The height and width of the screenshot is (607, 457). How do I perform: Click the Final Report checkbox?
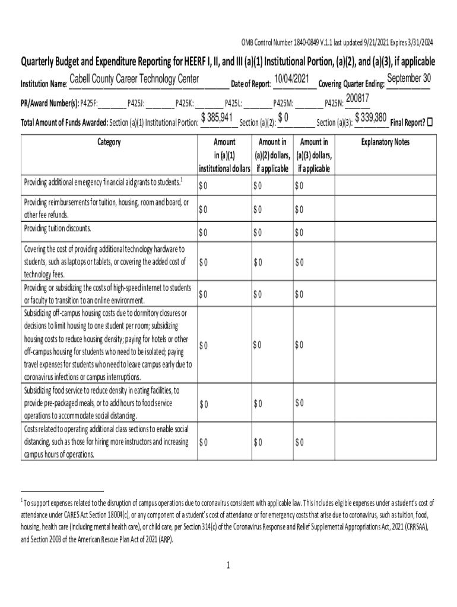click(431, 123)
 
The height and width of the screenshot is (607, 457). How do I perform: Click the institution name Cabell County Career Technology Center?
click(134, 80)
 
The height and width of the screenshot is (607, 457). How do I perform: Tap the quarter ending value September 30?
click(408, 79)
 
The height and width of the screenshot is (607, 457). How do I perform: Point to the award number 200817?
click(358, 98)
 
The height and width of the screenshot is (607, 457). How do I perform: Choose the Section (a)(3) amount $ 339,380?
click(371, 117)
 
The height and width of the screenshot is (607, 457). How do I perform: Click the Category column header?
click(109, 142)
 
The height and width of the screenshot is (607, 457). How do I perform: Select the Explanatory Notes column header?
click(385, 142)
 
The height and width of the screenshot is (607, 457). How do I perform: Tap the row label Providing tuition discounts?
click(58, 228)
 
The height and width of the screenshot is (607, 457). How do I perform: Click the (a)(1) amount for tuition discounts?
click(204, 232)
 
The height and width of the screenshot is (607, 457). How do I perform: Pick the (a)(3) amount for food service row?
click(299, 404)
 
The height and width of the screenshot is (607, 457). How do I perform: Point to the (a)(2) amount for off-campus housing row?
click(258, 344)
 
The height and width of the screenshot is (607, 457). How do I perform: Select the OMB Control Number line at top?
click(337, 43)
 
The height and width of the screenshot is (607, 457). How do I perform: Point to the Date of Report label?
click(250, 84)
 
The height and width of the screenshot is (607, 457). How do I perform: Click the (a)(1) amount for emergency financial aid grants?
click(204, 186)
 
